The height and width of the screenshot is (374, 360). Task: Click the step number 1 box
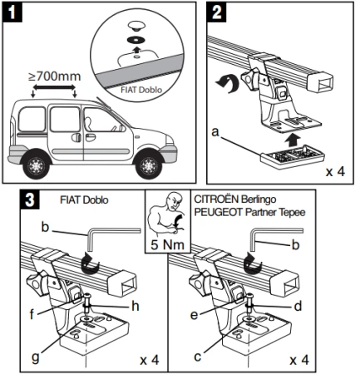[x=12, y=12]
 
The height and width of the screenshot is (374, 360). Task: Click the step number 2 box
[x=216, y=12]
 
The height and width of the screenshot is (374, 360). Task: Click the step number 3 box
[x=30, y=199]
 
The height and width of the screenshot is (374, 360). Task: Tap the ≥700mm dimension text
[x=54, y=76]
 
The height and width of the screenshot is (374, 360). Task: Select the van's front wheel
[x=149, y=165]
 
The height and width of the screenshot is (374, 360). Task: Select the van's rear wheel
[x=37, y=165]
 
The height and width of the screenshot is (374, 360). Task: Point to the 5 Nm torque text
[x=168, y=244]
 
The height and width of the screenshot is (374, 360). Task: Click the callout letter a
[x=215, y=132]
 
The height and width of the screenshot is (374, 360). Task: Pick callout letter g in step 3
[x=36, y=357]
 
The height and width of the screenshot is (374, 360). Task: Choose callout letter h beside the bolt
[x=135, y=306]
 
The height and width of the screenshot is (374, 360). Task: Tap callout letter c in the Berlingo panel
[x=197, y=357]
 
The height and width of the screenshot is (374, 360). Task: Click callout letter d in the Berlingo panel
[x=298, y=306]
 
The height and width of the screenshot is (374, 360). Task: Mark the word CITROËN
[x=216, y=199]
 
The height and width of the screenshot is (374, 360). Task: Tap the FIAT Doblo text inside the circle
[x=141, y=90]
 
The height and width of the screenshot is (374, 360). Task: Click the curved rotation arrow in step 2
[x=227, y=85]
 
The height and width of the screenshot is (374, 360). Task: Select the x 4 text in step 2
[x=335, y=172]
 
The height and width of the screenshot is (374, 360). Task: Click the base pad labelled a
[x=293, y=156]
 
